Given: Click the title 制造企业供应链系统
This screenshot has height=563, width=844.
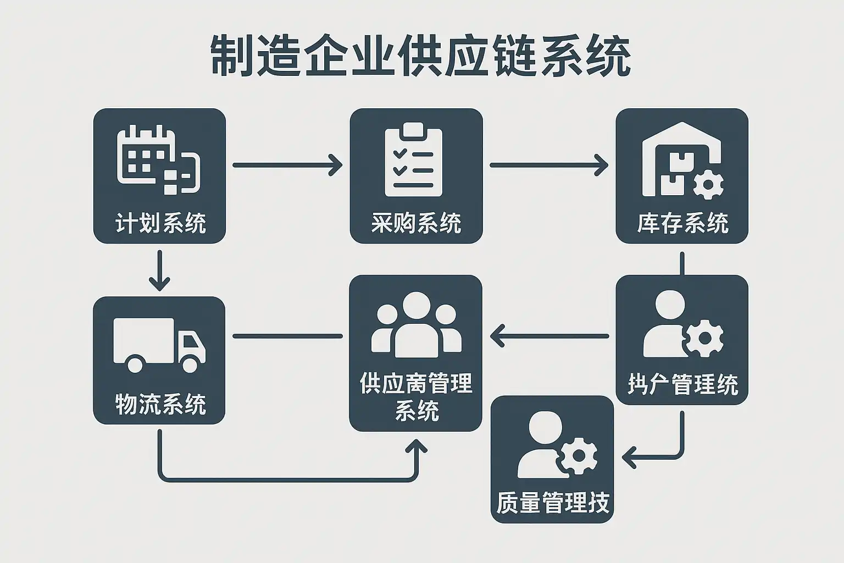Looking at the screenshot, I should tap(420, 57).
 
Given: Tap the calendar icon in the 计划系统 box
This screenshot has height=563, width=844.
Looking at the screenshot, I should tap(158, 159).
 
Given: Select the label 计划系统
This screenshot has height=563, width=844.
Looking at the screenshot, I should tap(160, 223).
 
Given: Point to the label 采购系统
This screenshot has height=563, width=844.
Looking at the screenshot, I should tap(416, 223).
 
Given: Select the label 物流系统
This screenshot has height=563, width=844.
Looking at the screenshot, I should tap(160, 404).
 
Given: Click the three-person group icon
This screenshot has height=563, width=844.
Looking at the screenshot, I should tap(416, 324).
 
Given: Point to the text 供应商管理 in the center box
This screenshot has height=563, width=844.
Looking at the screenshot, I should tap(416, 383).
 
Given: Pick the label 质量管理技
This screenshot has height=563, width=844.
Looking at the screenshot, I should tap(552, 503).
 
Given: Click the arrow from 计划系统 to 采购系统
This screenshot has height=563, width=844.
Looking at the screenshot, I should tap(287, 165).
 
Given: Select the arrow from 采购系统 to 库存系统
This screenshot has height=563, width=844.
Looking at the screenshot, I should tap(548, 165).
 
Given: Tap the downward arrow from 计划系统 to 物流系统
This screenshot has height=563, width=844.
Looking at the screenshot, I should tap(159, 271).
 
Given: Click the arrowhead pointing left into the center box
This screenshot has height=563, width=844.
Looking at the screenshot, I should tap(497, 336).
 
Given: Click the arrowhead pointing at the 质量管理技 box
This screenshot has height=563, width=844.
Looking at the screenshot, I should tap(629, 456).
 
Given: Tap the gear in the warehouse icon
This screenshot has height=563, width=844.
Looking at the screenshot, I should tap(708, 184).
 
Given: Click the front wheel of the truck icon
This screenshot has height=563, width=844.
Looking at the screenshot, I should tap(190, 364).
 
